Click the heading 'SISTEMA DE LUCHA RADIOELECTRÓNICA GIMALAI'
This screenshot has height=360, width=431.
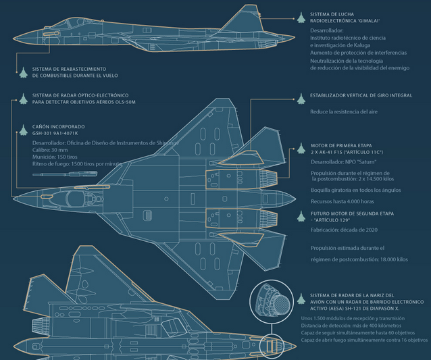(345, 17)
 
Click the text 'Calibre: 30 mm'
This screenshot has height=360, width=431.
(50, 149)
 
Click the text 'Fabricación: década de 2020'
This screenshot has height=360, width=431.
(343, 230)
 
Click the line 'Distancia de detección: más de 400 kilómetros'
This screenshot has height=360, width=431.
(351, 326)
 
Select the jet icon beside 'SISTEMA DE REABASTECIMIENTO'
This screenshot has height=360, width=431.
(23, 72)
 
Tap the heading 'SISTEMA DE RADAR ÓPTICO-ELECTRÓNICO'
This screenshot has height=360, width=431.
(80, 95)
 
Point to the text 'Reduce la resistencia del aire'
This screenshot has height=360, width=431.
(347, 111)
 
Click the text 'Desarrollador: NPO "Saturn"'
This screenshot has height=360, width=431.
(343, 162)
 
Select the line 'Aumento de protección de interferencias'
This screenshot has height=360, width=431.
(358, 52)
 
